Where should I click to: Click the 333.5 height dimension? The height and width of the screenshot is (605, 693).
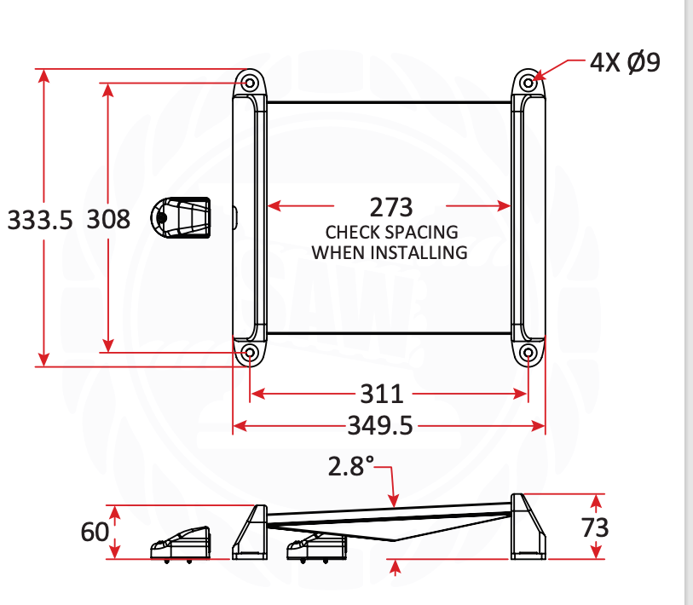[x=40, y=220]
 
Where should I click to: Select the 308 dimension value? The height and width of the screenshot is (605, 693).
[x=108, y=220]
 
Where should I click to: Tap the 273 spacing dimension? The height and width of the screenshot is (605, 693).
[x=390, y=207]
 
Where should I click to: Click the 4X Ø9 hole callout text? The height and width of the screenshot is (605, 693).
[x=625, y=63]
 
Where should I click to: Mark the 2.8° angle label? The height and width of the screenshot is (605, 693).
[x=351, y=466]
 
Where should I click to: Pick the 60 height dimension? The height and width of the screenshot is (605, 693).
[x=95, y=532]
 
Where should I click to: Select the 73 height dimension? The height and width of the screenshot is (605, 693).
[x=595, y=527]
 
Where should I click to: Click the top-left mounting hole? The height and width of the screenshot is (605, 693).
[x=249, y=83]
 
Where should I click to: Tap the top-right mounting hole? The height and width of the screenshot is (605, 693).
[x=528, y=83]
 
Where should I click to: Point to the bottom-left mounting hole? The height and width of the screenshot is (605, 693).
[x=249, y=352]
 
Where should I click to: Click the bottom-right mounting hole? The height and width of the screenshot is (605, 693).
[x=528, y=352]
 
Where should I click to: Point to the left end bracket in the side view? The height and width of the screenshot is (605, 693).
[x=251, y=532]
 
